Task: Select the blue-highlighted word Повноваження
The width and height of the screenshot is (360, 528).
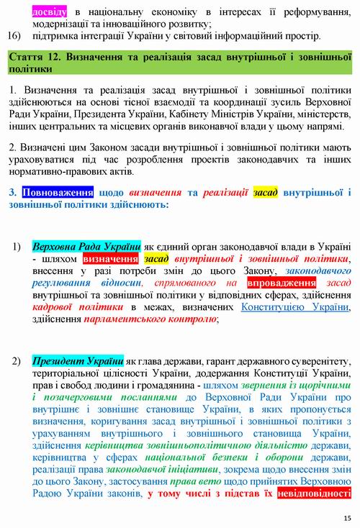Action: point(58,193)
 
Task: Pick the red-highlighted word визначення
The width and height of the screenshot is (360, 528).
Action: point(112,258)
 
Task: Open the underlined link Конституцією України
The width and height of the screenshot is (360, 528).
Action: point(295,308)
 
